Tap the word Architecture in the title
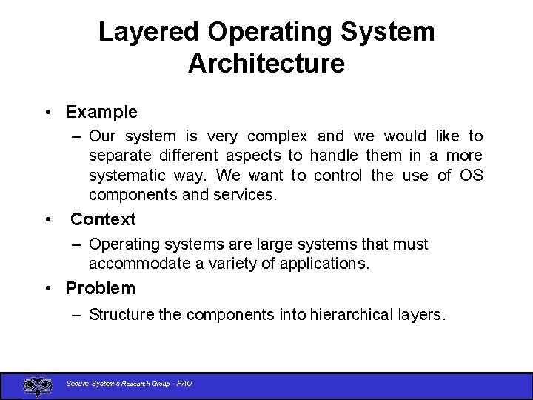[x=266, y=64]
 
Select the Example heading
[x=101, y=113]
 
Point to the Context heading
[x=103, y=219]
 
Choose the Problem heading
[x=101, y=288]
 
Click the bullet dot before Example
[x=47, y=113]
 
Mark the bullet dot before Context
[x=47, y=219]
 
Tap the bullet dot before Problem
[x=47, y=288]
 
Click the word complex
[x=277, y=136]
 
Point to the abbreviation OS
[x=471, y=176]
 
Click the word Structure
[x=122, y=315]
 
